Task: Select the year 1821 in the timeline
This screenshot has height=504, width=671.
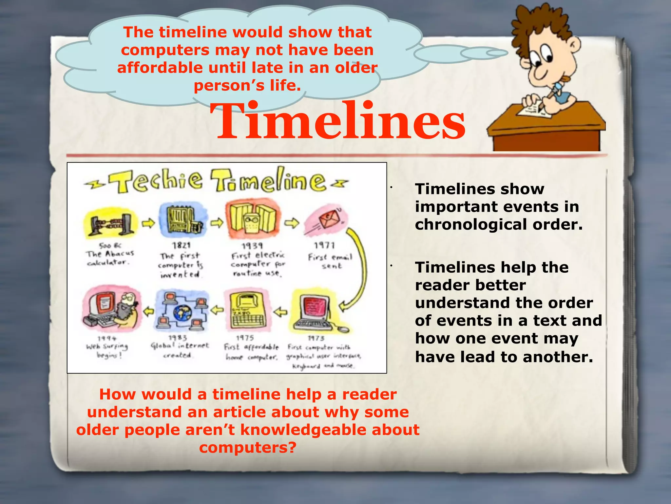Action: tap(181, 245)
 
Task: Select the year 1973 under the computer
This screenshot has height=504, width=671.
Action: tap(316, 338)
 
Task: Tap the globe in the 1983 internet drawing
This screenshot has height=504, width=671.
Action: tap(182, 313)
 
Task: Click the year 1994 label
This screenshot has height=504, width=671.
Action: tap(107, 338)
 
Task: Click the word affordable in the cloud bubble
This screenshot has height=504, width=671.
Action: tap(160, 68)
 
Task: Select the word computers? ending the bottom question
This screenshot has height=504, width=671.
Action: tap(248, 448)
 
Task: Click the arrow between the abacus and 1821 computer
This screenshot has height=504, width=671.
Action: tap(148, 223)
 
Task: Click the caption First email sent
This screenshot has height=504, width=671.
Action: tap(330, 261)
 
